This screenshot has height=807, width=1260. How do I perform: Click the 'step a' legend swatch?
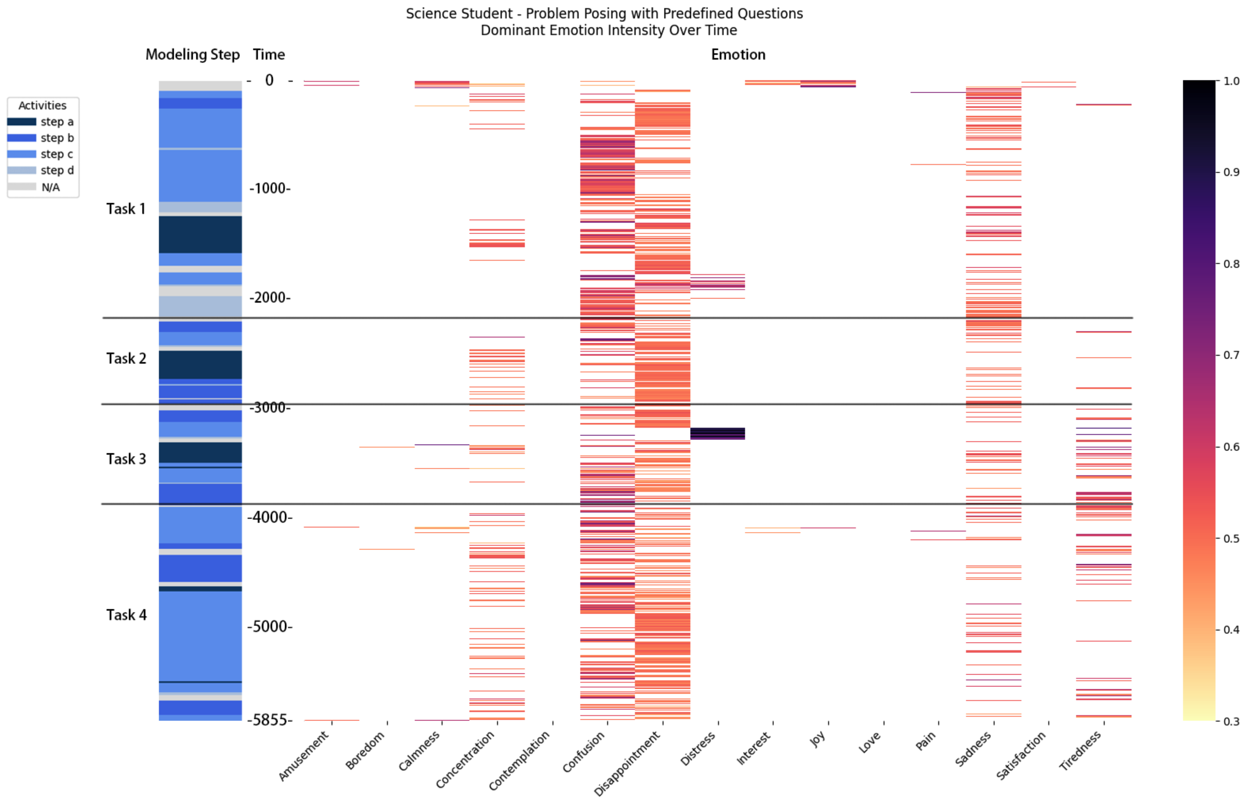click(22, 122)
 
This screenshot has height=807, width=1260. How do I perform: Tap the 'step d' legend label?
click(57, 170)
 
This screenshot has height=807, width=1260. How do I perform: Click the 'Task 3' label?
click(126, 459)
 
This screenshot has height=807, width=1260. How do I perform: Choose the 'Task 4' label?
click(126, 615)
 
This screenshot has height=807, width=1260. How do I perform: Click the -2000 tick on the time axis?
click(269, 298)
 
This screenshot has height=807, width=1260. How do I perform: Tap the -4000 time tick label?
click(269, 517)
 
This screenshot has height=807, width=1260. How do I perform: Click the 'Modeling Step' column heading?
click(192, 54)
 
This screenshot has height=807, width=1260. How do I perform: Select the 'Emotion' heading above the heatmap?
click(738, 54)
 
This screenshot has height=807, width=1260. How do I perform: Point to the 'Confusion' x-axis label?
click(584, 753)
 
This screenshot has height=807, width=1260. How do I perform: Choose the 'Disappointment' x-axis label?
click(627, 764)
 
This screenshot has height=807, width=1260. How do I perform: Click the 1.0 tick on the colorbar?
click(1232, 81)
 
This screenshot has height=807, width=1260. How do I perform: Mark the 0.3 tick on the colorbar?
click(1232, 721)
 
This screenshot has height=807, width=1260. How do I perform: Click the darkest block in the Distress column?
click(718, 433)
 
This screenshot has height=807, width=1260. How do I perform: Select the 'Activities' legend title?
click(42, 105)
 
